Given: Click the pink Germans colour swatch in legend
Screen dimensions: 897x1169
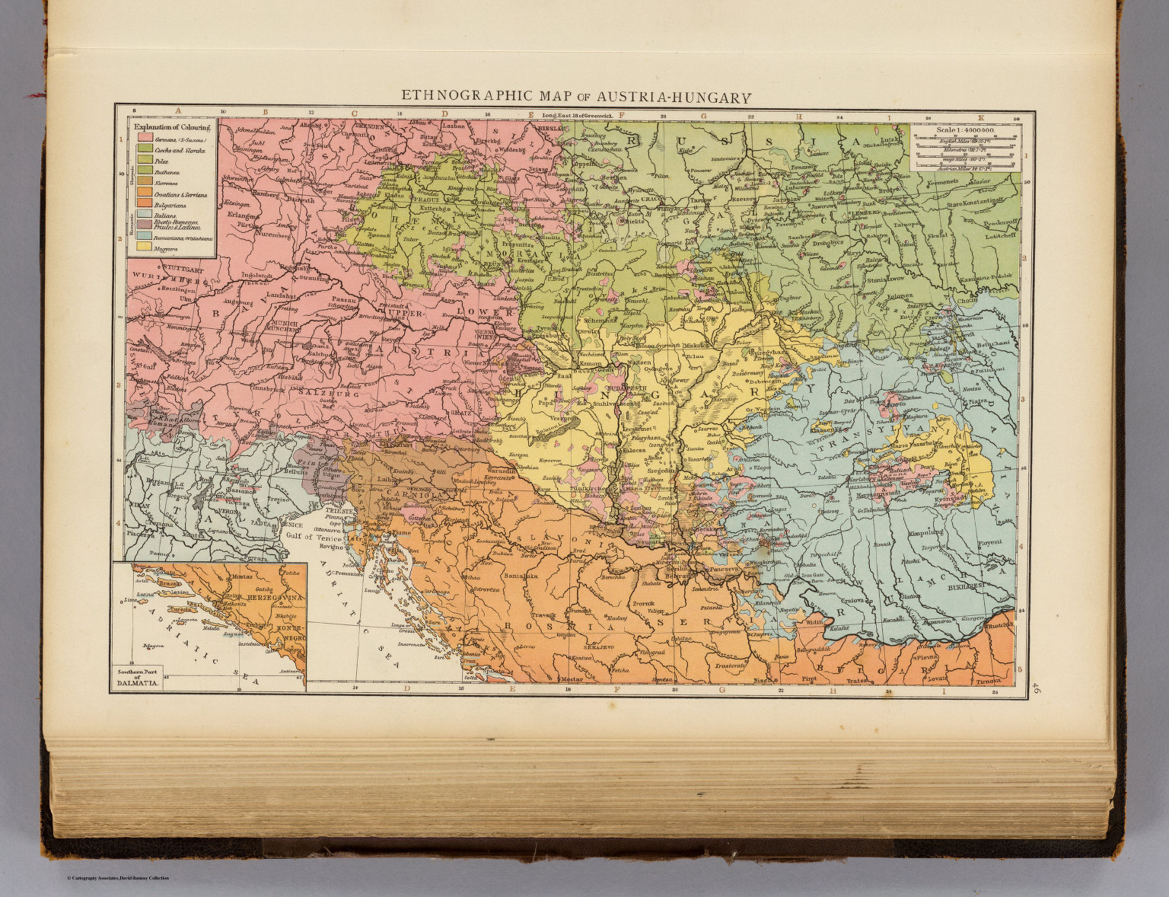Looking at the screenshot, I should point(142,140).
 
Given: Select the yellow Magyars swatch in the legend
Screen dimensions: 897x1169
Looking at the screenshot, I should point(142,247).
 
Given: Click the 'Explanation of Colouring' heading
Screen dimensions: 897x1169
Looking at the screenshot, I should point(171,127).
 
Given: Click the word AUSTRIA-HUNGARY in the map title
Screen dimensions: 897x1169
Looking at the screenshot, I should point(677,97).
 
